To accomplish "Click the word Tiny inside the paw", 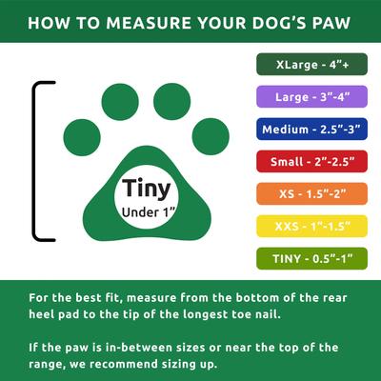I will pos(146,187).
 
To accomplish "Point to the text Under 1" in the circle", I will pos(146,211).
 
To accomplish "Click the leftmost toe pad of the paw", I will pos(80,136).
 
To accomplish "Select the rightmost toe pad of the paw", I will pos(212,136).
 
